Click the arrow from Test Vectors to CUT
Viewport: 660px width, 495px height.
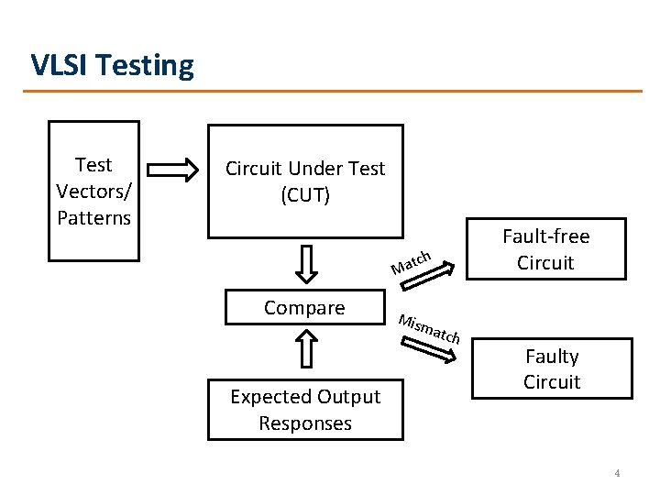click(172, 170)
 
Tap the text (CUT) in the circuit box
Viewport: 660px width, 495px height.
click(305, 195)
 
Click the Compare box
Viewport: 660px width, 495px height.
click(304, 308)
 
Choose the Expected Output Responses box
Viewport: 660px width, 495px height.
click(305, 410)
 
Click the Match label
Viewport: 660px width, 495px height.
click(411, 263)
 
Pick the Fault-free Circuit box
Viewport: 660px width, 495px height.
click(546, 248)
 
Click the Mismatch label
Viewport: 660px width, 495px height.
click(429, 329)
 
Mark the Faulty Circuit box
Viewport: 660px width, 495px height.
click(552, 368)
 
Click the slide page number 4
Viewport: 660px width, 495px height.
click(617, 474)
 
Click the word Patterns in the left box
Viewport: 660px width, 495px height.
click(93, 218)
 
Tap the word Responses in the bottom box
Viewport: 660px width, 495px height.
click(305, 423)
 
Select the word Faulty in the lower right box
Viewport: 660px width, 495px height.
click(552, 356)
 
